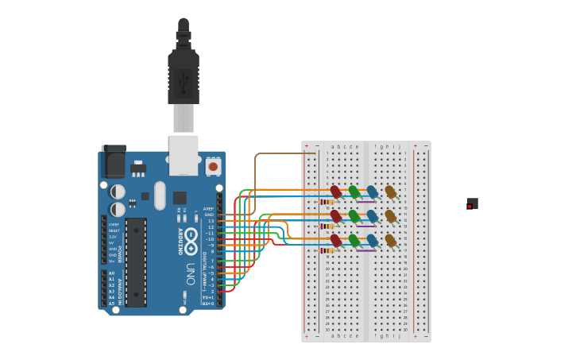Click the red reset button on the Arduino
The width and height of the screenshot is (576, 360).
click(x=213, y=167)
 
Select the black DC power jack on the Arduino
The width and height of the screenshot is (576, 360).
click(x=114, y=162)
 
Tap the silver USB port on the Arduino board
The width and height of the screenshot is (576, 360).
click(x=184, y=154)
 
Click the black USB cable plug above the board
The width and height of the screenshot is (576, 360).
click(x=184, y=76)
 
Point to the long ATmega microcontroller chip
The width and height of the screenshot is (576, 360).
click(x=136, y=261)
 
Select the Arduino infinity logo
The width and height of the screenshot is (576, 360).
click(x=192, y=236)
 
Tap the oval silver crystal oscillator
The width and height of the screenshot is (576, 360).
click(x=160, y=195)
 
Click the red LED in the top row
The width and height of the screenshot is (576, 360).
click(x=336, y=192)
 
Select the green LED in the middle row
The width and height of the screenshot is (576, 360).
click(x=354, y=216)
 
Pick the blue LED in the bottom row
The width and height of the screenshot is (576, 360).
click(x=372, y=240)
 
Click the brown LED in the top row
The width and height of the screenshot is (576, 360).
click(x=390, y=192)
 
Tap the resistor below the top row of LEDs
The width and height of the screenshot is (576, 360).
click(x=327, y=202)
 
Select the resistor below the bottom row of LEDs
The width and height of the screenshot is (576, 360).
click(x=327, y=250)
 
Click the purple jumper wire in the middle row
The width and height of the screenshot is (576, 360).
click(x=365, y=226)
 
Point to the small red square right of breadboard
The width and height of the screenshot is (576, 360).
click(x=470, y=207)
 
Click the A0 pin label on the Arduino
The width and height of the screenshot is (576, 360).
click(x=111, y=273)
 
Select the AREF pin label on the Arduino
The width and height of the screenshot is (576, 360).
click(x=209, y=209)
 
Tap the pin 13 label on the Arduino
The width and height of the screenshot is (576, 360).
click(x=211, y=221)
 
